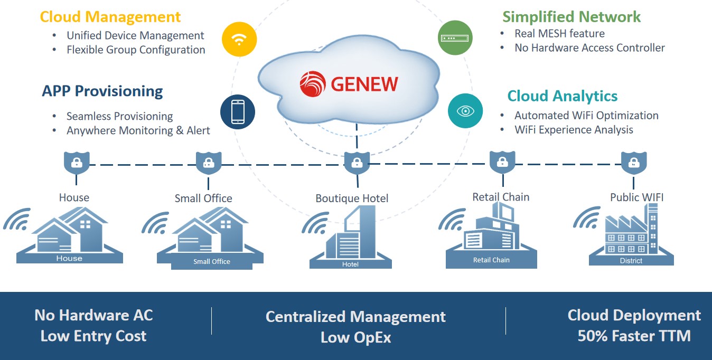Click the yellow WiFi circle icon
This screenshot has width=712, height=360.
239,39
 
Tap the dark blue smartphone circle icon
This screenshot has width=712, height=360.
238,112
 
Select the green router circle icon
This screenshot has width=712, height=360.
455,39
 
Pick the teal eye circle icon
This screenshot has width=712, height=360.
465,111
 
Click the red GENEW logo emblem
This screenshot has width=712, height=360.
313,84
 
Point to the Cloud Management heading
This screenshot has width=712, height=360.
110,16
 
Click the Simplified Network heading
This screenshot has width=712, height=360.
571,16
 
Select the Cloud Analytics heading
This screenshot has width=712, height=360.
562,96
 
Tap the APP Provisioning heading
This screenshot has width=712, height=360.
102,91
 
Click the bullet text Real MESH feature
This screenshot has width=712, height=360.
559,33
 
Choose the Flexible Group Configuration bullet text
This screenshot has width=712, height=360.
136,50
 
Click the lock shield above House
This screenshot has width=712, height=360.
76,162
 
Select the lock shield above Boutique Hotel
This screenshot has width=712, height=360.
357,162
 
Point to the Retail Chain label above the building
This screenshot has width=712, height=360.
501,197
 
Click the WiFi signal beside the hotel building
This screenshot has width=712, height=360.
315,223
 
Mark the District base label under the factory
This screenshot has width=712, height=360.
631,261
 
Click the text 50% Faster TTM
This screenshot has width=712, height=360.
634,336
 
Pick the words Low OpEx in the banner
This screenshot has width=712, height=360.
355,338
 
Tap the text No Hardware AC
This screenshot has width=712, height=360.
93,315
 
